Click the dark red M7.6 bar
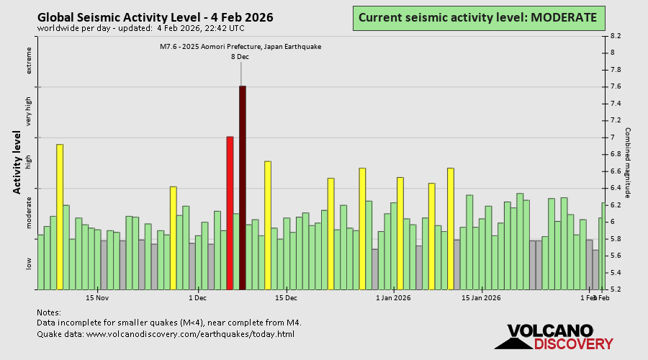pyautogui.click(x=243, y=187)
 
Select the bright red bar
pyautogui.click(x=230, y=212)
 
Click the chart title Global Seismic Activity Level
pyautogui.click(x=155, y=17)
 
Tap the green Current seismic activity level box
pyautogui.click(x=477, y=17)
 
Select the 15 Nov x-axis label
pyautogui.click(x=97, y=297)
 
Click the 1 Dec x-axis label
pyautogui.click(x=197, y=297)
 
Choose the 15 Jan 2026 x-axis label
pyautogui.click(x=481, y=297)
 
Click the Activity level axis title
pyautogui.click(x=17, y=162)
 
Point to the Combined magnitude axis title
pyautogui.click(x=628, y=163)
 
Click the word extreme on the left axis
pyautogui.click(x=30, y=60)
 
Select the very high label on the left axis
pyautogui.click(x=30, y=112)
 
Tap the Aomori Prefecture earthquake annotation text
pyautogui.click(x=240, y=47)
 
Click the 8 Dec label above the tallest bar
pyautogui.click(x=240, y=56)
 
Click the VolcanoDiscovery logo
pyautogui.click(x=550, y=337)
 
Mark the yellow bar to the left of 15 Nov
pyautogui.click(x=60, y=217)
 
